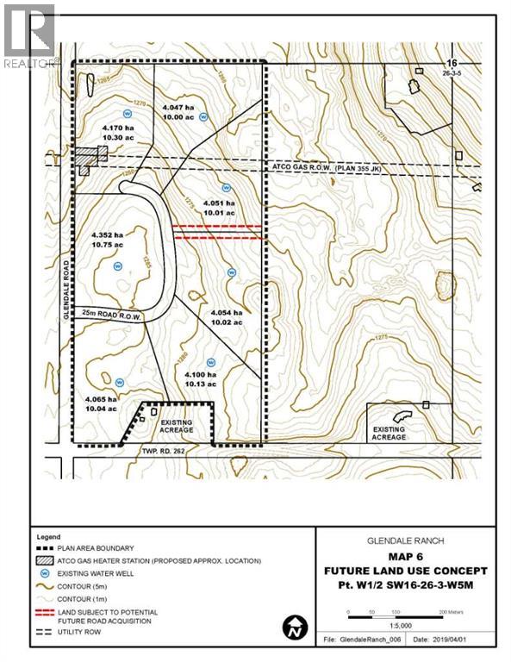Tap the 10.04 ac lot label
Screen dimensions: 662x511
coord(101,410)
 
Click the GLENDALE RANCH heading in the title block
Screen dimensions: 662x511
coord(405,540)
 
